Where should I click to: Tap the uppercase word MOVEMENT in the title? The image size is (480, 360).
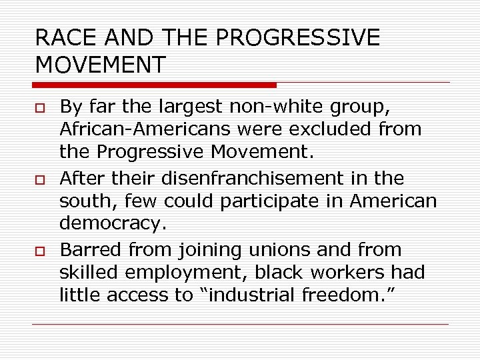click(101, 65)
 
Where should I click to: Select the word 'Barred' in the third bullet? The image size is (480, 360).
click(87, 251)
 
